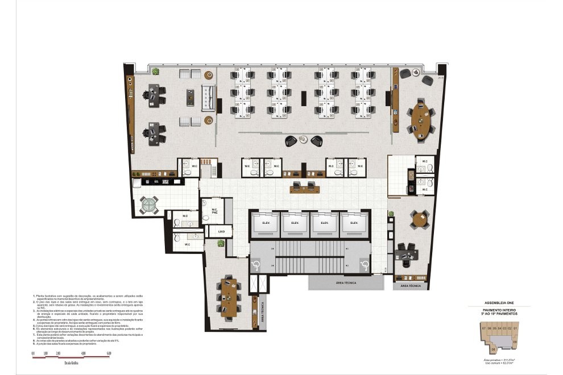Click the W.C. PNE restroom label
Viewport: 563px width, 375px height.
[215, 211]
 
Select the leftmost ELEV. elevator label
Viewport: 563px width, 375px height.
[265, 223]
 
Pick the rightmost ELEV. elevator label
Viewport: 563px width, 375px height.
[354, 223]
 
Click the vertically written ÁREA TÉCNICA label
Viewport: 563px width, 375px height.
[262, 311]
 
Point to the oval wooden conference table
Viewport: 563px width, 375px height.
[422, 119]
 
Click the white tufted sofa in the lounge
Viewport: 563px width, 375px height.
[207, 97]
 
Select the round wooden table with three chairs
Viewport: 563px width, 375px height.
[421, 219]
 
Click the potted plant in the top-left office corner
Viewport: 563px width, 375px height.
[155, 72]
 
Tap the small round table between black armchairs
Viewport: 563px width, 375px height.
[304, 139]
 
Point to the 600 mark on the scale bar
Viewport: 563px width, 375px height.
[109, 354]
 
